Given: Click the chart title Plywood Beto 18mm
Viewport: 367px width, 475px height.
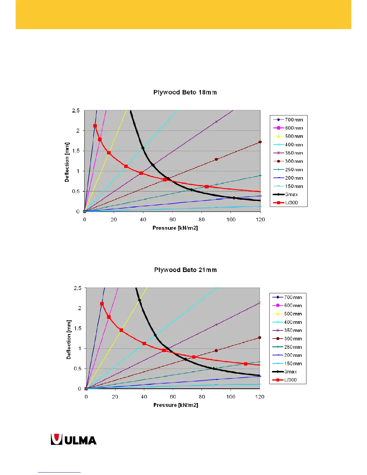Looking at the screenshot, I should pos(185,92).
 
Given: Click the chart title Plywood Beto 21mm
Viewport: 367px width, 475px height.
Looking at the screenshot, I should pos(185,270).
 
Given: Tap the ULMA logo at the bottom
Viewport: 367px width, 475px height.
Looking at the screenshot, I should pos(74,440).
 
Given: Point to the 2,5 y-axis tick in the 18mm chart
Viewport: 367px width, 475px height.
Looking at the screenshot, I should pos(76,111).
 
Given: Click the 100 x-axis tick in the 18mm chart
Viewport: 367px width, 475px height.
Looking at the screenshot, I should pos(231,220).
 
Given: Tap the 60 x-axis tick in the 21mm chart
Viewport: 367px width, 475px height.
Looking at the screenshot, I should pos(173,397).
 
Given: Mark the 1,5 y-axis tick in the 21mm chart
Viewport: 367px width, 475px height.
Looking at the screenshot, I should pos(78,328).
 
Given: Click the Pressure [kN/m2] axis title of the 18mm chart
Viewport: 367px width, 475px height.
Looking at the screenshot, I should pos(175,228).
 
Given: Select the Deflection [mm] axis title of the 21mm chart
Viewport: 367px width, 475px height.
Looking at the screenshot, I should pos(69,339).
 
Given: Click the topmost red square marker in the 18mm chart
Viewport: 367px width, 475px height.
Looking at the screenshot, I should pos(95,126).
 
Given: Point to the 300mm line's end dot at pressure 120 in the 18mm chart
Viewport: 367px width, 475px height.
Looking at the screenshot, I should pos(260,142).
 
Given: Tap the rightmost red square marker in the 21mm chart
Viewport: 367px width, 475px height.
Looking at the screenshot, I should pos(246,364).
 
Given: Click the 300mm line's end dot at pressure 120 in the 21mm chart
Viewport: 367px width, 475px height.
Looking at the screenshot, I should pos(260,338).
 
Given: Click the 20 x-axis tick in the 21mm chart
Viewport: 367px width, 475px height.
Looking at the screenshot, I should pos(115,397).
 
